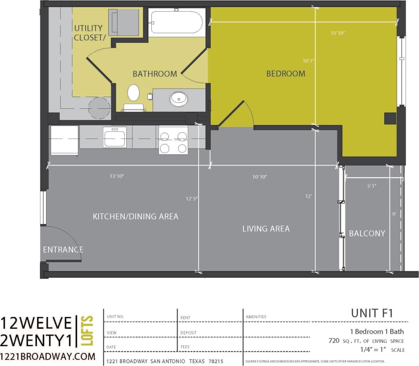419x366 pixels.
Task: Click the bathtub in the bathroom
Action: point(176,23)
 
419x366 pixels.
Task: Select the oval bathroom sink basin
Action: point(178,98)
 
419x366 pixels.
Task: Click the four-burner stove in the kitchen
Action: point(173,140)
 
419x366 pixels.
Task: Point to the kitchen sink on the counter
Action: point(115,137)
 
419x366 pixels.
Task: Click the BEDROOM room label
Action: point(286,74)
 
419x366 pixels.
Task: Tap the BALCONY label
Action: point(367,233)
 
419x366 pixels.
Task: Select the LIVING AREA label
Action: point(266,228)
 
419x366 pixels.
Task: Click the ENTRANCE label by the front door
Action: point(63,250)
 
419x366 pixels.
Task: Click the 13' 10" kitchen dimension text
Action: point(117,176)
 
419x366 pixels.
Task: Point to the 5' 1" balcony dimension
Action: point(372,186)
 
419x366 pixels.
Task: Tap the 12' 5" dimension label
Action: point(192,199)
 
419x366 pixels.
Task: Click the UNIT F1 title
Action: point(372,313)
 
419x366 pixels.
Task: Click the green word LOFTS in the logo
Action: point(88,331)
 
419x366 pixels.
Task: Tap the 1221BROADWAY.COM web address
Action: point(48,356)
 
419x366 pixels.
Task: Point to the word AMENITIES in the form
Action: point(256,317)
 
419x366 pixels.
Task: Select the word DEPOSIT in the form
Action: point(189,333)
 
